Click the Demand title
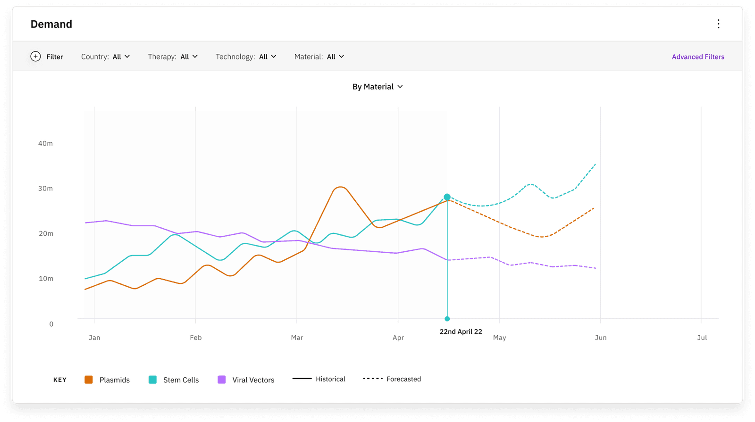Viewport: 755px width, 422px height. (x=51, y=24)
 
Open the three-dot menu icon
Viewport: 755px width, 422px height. (x=718, y=24)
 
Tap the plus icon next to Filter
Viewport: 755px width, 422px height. (x=35, y=56)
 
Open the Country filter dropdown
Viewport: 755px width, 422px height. (x=105, y=57)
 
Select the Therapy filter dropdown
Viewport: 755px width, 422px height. (x=173, y=57)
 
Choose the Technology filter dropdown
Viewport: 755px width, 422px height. (x=246, y=57)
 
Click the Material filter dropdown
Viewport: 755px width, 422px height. (x=319, y=57)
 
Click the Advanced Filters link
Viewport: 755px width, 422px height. (x=698, y=57)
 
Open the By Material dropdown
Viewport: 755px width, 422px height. (x=377, y=87)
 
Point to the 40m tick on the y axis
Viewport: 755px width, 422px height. (x=45, y=143)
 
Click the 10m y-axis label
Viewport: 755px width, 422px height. (x=46, y=279)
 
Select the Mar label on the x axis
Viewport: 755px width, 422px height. (x=297, y=338)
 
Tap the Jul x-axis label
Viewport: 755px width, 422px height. (x=702, y=338)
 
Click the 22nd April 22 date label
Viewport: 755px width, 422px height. (x=461, y=331)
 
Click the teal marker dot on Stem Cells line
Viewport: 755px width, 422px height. (x=447, y=197)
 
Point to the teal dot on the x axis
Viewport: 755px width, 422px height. (x=447, y=319)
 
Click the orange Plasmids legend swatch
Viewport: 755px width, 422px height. (x=89, y=380)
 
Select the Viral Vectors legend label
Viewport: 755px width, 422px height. (x=253, y=380)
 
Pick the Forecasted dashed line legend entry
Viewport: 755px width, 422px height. (x=392, y=379)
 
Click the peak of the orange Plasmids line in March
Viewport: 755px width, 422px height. (x=340, y=187)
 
